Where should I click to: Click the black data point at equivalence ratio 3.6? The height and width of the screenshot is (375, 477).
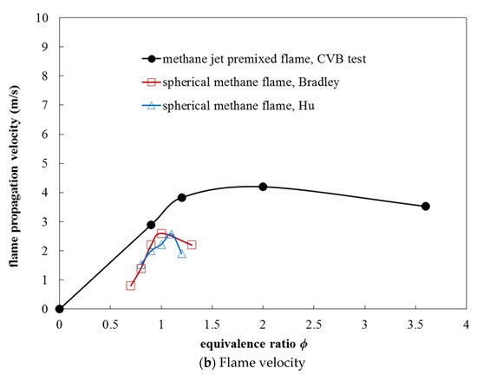coord(426,206)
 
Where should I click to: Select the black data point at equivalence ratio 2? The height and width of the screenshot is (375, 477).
coord(263,187)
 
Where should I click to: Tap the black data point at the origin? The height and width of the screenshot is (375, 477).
coord(59,308)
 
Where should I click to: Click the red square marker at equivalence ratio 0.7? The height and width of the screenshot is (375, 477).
coord(131,285)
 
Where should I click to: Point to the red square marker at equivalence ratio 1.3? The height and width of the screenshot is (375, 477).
coord(192,245)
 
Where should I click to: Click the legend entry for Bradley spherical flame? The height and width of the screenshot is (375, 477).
coord(251,82)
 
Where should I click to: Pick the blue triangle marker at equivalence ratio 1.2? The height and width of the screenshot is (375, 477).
coord(181,253)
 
